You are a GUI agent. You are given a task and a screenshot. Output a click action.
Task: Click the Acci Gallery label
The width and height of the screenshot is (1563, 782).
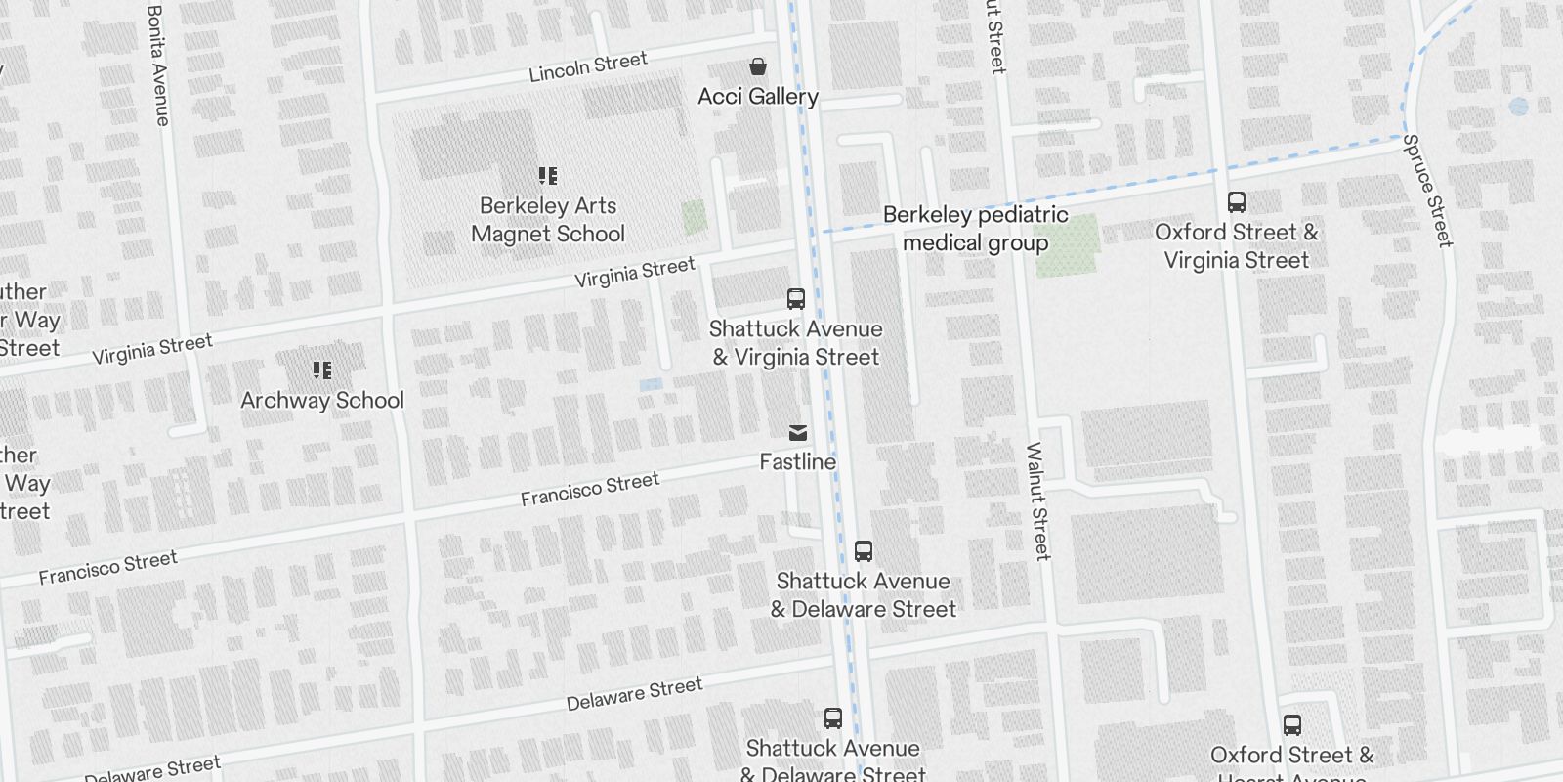(x=758, y=96)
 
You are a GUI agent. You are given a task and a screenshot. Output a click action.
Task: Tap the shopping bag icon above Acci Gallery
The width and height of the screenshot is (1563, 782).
(x=758, y=66)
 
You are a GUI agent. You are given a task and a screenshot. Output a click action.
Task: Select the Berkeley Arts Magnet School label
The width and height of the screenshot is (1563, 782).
(x=548, y=220)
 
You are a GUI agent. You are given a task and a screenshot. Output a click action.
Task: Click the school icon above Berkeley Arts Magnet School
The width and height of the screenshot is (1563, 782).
(x=548, y=176)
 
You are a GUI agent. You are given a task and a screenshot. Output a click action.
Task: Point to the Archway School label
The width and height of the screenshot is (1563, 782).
(x=322, y=400)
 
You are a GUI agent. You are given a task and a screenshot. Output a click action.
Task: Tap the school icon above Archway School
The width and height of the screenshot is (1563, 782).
(x=322, y=370)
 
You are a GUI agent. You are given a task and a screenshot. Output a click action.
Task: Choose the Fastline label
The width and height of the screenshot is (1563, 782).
(x=798, y=461)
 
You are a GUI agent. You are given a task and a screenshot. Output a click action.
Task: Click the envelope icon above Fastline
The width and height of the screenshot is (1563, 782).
(x=798, y=433)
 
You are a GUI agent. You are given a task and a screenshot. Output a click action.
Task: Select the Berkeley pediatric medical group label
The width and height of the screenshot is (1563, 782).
(x=975, y=229)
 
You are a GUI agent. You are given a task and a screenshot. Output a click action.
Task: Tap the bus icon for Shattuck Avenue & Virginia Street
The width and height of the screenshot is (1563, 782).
(x=796, y=299)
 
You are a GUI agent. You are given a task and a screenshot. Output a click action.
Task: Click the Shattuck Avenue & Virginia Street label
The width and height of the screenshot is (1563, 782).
(x=796, y=343)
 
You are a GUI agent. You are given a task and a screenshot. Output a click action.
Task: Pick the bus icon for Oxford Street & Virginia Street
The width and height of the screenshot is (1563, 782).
(x=1237, y=202)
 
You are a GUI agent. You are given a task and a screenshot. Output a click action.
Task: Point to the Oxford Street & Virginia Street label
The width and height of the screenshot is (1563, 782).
(x=1237, y=246)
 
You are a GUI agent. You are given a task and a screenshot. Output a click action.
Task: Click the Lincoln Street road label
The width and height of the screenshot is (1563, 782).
(x=588, y=67)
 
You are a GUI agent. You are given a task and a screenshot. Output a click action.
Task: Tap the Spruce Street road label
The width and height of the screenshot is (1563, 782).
(x=1428, y=190)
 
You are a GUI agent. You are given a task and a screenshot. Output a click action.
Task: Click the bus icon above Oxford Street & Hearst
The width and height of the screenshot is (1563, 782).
(x=1292, y=725)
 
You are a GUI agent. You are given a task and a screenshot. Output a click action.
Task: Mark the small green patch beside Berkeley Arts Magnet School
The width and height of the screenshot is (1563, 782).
(x=695, y=217)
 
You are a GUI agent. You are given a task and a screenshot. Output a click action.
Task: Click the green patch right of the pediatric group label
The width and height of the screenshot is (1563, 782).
(x=1068, y=245)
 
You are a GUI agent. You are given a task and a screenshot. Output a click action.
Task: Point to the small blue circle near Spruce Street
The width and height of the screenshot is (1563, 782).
(x=1518, y=107)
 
